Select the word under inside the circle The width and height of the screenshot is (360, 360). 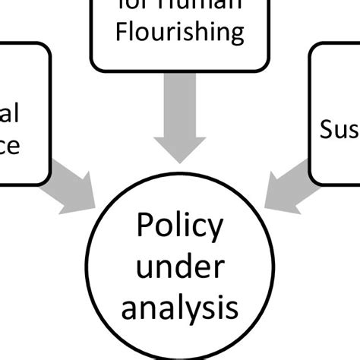pos(179,268)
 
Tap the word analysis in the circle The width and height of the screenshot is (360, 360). pos(179,308)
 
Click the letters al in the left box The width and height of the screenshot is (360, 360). pos(9,113)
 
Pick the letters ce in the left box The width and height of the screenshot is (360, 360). pos(9,144)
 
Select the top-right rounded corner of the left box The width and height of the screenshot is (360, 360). pos(47,47)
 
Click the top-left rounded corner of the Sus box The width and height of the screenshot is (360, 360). pos(313,47)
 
